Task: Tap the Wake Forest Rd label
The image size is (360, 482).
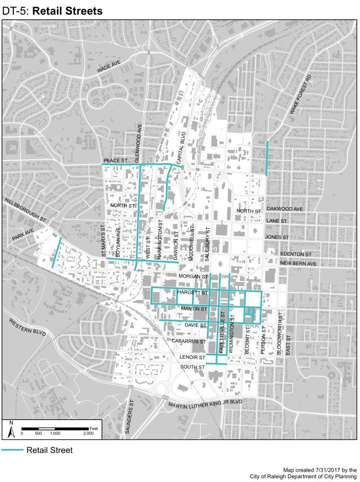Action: pos(300,95)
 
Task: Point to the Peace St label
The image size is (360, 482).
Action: pos(116,160)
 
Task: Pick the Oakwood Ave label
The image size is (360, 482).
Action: pos(284,209)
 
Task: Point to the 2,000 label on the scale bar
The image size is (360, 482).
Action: pos(88,434)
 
